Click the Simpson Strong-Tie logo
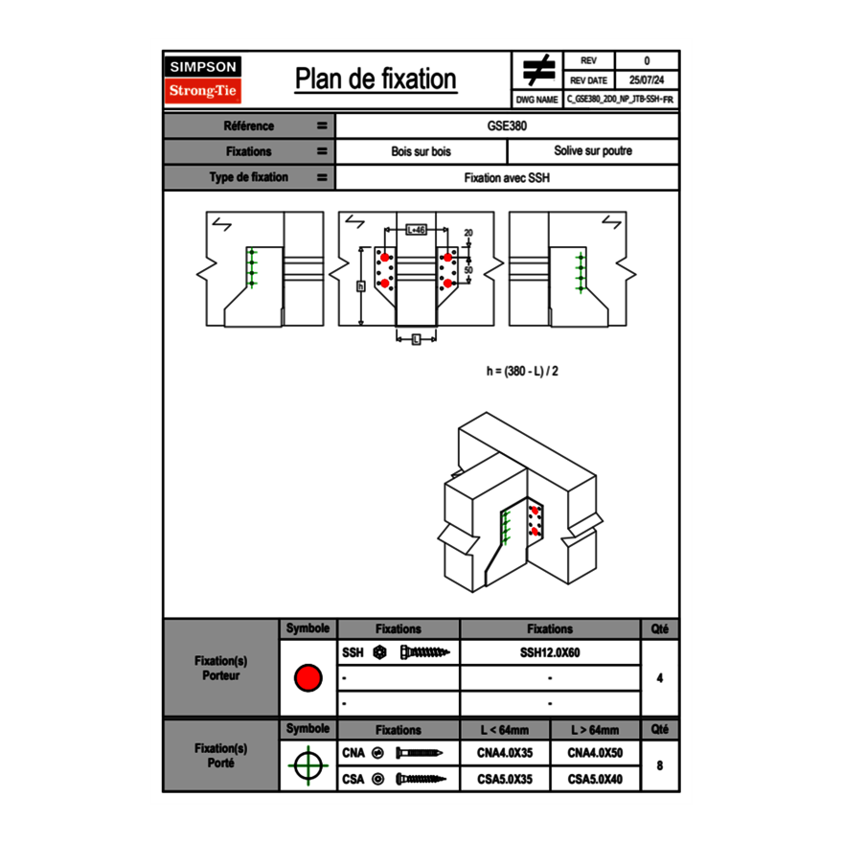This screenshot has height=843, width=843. tap(204, 80)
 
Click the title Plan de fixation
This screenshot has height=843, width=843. tap(375, 79)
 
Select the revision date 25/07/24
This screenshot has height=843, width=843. tap(647, 80)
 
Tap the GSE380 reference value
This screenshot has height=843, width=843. tap(507, 125)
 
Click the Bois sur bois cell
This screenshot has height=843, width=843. tap(421, 151)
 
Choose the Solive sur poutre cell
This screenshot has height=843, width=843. tap(592, 151)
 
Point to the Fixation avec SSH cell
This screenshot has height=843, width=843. tap(507, 177)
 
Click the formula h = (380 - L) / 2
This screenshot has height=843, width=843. tap(522, 371)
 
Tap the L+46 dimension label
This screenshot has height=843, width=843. tap(416, 230)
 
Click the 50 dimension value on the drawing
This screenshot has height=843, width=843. tap(469, 271)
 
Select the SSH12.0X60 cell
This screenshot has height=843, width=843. tap(550, 652)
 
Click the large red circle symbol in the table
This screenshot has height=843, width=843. tap(308, 678)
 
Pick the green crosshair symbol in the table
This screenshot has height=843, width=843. tap(308, 765)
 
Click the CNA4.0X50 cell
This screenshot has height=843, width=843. tap(595, 753)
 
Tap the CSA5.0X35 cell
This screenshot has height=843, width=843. tap(505, 779)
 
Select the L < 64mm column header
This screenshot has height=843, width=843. tap(505, 730)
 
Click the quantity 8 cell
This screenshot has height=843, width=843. tap(659, 765)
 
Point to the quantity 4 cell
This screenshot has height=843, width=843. tap(659, 678)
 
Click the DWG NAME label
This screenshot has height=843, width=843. tap(536, 99)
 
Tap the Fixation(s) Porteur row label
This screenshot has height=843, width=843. tap(220, 668)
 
